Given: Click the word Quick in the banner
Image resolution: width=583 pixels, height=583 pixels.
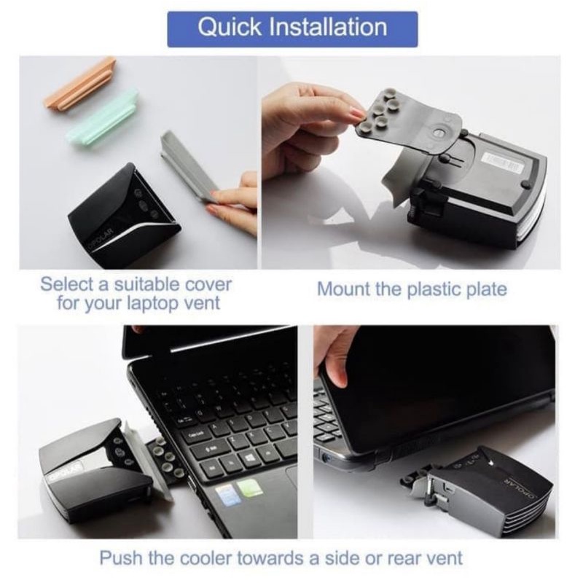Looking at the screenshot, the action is [x=230, y=27].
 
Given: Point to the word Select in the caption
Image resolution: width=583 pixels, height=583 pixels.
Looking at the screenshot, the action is [x=66, y=285].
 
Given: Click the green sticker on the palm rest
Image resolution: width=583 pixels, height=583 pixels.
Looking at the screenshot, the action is [x=249, y=490].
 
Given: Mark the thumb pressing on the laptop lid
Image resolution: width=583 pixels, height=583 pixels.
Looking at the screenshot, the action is [x=338, y=374].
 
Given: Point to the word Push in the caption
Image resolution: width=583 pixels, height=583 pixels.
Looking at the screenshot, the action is [x=120, y=558].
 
